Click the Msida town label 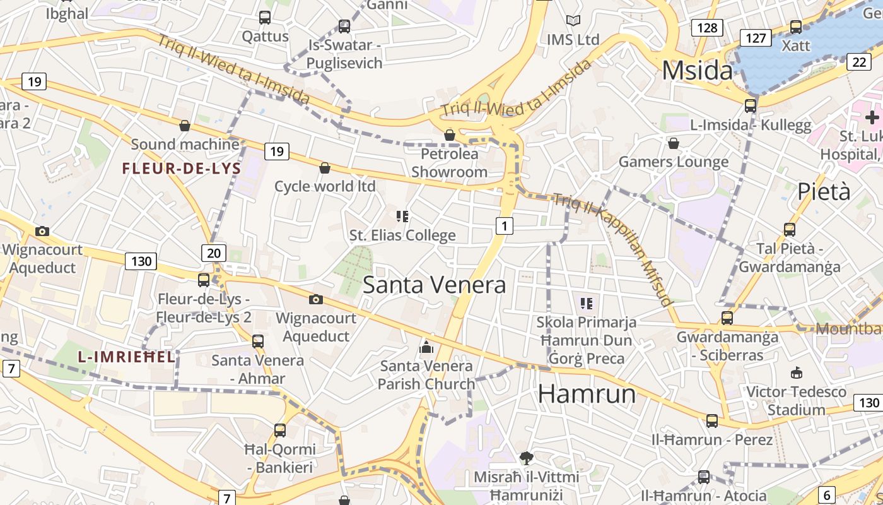698,70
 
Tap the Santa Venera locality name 434,285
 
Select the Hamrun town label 587,394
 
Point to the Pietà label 824,191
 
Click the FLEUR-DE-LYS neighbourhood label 182,169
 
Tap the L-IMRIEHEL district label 126,357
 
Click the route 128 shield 707,28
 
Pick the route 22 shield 859,61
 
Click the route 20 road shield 214,253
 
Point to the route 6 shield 827,495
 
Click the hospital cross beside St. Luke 872,117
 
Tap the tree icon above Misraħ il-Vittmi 526,458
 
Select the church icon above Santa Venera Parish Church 426,347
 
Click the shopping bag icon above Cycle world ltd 325,168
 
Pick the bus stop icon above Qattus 265,18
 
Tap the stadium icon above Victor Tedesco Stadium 796,372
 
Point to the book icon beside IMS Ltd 573,21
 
